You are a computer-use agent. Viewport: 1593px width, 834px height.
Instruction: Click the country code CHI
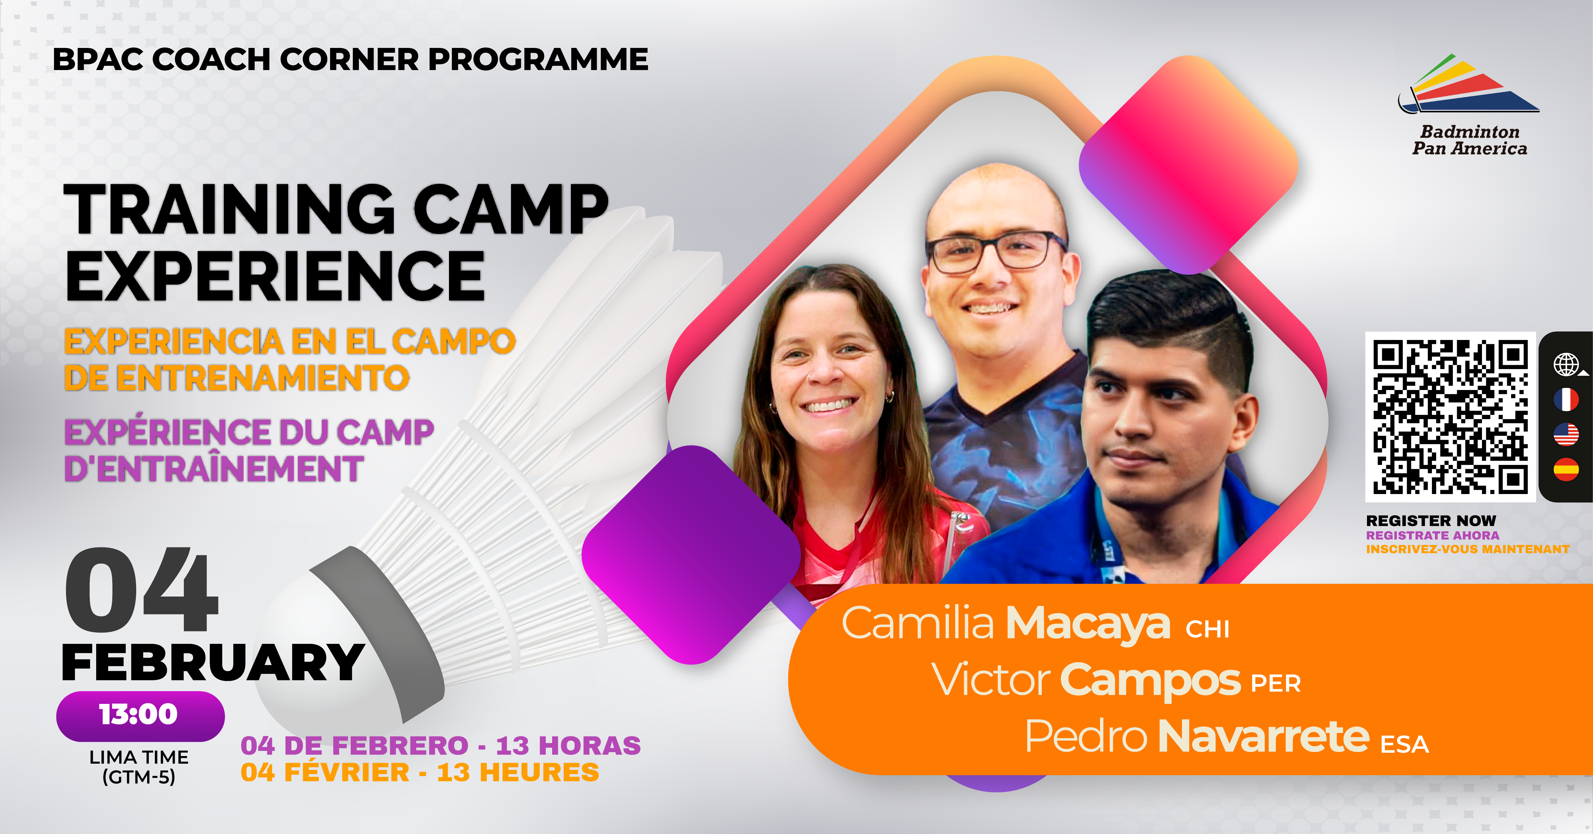1208,629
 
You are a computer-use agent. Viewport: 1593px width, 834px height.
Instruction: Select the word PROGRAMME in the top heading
538,59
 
